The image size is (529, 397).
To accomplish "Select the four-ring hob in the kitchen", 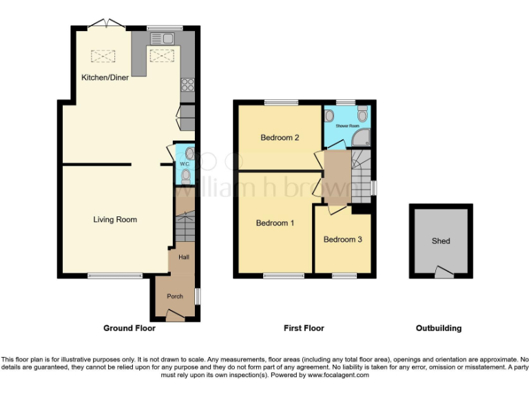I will [187, 86].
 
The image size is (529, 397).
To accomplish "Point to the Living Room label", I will [115, 220].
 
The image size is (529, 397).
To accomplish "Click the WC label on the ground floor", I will [184, 165].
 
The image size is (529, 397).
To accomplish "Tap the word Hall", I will [184, 257].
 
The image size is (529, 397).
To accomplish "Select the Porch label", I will [175, 296].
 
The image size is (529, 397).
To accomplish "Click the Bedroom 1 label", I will [275, 223].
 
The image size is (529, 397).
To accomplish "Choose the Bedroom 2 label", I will [279, 138].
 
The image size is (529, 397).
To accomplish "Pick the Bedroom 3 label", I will [342, 240].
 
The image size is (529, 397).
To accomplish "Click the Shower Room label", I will [348, 127].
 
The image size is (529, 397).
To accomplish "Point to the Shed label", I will [441, 241].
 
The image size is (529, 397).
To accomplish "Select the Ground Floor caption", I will [129, 329].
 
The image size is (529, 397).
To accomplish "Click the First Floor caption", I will [304, 329].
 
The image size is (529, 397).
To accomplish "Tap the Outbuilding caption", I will [439, 329].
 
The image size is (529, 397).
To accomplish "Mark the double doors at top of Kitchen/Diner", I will [106, 23].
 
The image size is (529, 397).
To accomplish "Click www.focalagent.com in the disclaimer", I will [338, 376].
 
